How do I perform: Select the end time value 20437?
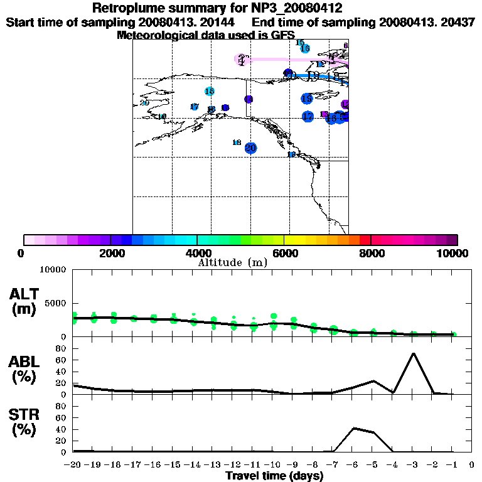(458, 22)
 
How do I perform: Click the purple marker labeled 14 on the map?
(249, 99)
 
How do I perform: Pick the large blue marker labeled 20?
(250, 148)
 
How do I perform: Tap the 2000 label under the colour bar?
(110, 253)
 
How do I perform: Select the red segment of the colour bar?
(365, 240)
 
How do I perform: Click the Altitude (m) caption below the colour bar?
(232, 262)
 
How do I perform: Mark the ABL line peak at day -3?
(413, 353)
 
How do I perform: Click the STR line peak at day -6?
(354, 428)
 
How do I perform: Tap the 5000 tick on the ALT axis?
(55, 303)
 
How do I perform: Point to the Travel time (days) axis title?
(274, 476)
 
